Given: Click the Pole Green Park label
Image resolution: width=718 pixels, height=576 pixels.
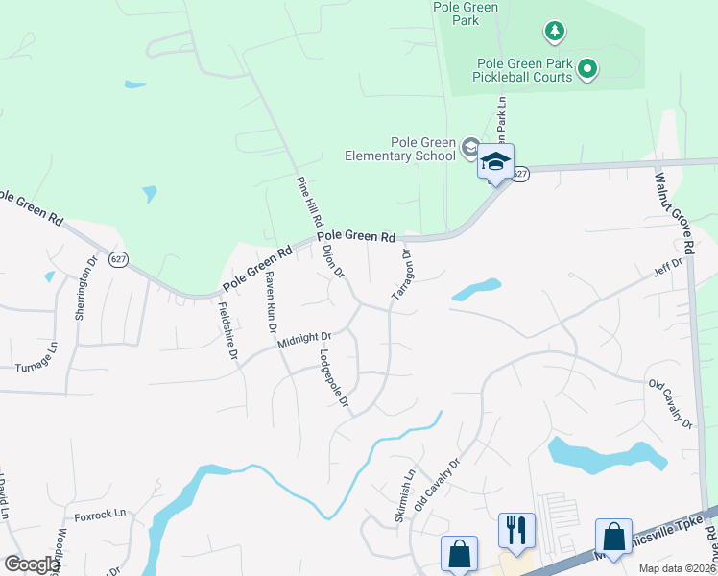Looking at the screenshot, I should [x=466, y=12].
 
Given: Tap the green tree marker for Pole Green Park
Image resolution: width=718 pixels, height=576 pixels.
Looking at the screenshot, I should [x=554, y=33].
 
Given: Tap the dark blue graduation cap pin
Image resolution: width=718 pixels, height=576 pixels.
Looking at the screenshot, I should [x=495, y=161].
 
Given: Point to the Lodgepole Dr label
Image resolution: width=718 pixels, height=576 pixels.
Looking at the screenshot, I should [x=331, y=377].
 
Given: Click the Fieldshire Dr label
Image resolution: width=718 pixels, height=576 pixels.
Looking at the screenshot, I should [x=227, y=330].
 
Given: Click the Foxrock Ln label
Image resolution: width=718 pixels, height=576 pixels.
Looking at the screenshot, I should [x=101, y=514].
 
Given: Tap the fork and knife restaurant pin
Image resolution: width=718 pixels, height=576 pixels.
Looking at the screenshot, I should [x=516, y=529].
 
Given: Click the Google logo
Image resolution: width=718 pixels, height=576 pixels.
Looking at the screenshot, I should [x=32, y=565].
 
